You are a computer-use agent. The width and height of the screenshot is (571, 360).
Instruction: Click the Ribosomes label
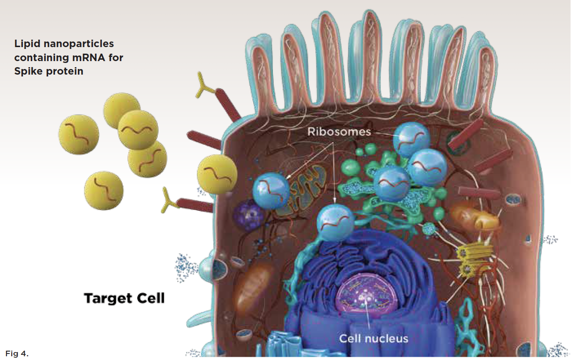[339, 132]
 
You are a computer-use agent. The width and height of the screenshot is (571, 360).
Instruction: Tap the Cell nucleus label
[374, 339]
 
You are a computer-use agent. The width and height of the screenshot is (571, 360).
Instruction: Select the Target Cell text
[124, 298]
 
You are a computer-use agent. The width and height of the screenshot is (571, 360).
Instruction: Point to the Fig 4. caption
[17, 353]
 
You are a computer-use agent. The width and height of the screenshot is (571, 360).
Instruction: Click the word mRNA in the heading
[89, 57]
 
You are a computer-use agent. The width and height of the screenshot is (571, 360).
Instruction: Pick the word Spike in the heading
[28, 71]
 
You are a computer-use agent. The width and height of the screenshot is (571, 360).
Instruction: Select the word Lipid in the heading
[27, 44]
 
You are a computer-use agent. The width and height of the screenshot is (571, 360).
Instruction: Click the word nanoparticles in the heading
[79, 44]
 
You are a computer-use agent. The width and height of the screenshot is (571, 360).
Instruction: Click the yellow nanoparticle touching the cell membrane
[217, 174]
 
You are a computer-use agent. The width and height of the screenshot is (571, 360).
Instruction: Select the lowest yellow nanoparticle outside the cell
[104, 191]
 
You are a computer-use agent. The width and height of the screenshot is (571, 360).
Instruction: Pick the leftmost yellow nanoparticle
[79, 134]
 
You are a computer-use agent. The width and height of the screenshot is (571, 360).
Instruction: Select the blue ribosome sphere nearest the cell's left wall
[271, 191]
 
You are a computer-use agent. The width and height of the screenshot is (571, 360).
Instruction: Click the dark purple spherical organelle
[247, 215]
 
